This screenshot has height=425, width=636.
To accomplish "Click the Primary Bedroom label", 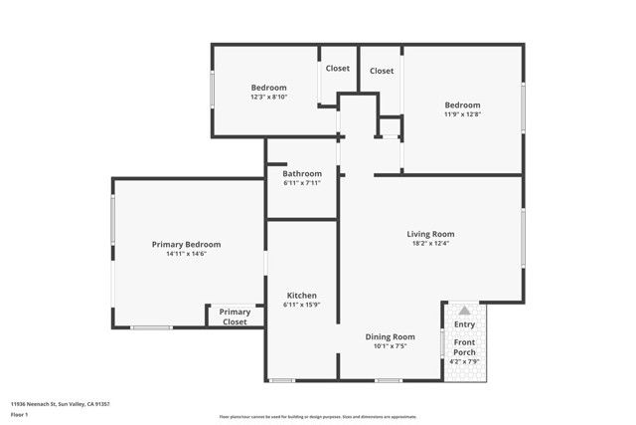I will coord(186,244).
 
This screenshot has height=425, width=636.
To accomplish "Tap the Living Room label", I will coord(430,234).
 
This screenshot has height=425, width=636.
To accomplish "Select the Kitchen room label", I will coord(302,296).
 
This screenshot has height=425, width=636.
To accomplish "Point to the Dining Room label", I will coord(390,336).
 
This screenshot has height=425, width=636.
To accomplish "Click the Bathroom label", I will coord(302,173).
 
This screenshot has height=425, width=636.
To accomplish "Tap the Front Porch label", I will coord(464,347).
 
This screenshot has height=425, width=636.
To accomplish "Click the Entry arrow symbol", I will coord(464,311).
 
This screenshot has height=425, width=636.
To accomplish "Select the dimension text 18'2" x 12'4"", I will coord(430,244).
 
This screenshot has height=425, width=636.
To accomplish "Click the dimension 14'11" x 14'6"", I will coord(186,254).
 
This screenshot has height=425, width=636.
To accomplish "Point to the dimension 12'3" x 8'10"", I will coord(268,97).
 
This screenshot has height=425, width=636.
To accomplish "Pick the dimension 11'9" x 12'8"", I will coord(462,114).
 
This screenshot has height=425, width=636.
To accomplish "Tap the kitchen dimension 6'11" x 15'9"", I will coord(302,306).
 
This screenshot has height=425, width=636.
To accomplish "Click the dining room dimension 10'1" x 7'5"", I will coord(390,346).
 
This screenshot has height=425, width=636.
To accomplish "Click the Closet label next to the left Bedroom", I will coord(338,69).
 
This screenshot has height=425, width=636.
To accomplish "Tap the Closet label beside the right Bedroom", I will coord(382,71).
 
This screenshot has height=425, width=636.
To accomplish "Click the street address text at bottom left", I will coord(60,404).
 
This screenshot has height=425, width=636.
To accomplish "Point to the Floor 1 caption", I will coord(20,414).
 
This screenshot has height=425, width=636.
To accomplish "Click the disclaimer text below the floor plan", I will coord(318,415).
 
